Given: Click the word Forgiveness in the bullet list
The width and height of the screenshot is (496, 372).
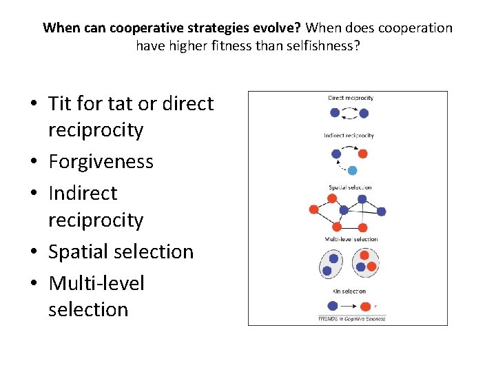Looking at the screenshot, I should pyautogui.click(x=101, y=162).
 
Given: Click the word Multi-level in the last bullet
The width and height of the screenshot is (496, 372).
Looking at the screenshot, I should pyautogui.click(x=96, y=283).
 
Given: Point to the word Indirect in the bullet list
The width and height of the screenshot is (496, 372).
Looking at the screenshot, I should pyautogui.click(x=83, y=194).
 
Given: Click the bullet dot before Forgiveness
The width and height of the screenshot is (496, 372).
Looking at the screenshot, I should pyautogui.click(x=34, y=163).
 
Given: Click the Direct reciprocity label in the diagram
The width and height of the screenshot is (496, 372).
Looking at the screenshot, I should pyautogui.click(x=350, y=98).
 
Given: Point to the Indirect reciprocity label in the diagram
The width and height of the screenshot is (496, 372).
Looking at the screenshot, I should pyautogui.click(x=349, y=135).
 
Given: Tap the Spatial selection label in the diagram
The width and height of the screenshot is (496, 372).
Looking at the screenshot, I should pyautogui.click(x=350, y=187).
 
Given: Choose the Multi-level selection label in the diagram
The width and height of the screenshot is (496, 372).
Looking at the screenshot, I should pyautogui.click(x=351, y=239).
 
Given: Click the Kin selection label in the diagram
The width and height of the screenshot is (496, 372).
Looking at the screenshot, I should pyautogui.click(x=349, y=291).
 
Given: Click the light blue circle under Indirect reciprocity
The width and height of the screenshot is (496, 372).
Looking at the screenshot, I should pyautogui.click(x=352, y=170).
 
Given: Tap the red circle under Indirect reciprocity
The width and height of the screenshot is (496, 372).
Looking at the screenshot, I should pyautogui.click(x=362, y=154).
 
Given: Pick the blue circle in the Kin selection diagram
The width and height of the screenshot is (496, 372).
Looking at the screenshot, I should pyautogui.click(x=332, y=306).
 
